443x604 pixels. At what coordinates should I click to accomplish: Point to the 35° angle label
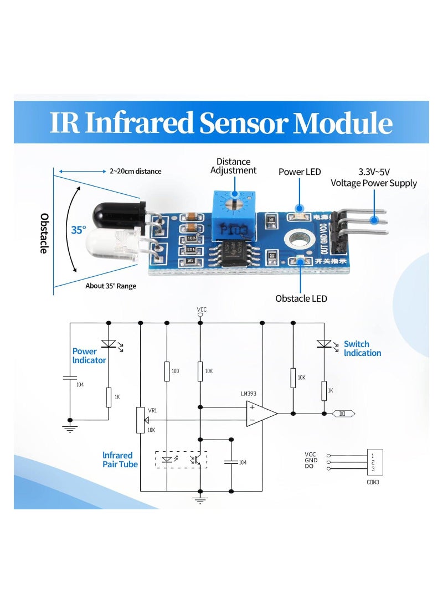pos(78,230)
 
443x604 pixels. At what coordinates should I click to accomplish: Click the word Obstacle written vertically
pos(44,234)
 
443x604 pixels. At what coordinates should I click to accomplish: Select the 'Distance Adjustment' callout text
pos(233,166)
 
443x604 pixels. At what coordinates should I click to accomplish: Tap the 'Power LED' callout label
pos(300,172)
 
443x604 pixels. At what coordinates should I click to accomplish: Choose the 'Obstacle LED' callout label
pos(301,298)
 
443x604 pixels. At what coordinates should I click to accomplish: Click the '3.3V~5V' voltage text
pos(374,172)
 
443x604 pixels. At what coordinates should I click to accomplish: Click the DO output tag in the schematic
pos(343,414)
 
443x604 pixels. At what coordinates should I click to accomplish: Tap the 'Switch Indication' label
pos(362,348)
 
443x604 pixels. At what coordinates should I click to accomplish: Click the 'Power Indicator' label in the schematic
pos(89,355)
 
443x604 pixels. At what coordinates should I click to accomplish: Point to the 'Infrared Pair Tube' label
pos(120,460)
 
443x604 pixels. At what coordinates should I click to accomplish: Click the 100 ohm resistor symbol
pos(166,371)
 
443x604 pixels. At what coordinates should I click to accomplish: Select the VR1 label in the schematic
pos(153,411)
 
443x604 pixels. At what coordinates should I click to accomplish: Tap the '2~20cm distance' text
pos(135,171)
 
